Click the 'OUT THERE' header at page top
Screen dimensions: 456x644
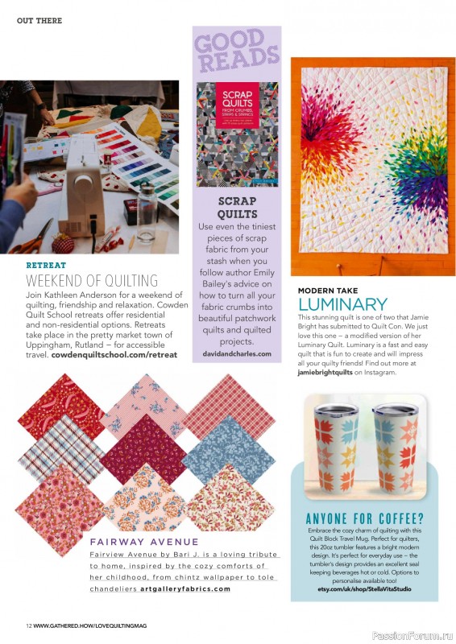39,20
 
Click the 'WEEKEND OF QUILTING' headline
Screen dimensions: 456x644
92,281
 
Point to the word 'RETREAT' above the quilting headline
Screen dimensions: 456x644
46,265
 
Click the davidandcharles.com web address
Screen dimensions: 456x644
236,353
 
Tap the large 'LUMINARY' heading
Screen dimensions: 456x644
342,304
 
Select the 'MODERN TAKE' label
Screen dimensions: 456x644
328,290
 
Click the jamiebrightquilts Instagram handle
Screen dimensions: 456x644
325,373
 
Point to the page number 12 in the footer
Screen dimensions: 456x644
28,626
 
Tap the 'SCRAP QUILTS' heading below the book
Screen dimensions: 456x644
236,207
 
